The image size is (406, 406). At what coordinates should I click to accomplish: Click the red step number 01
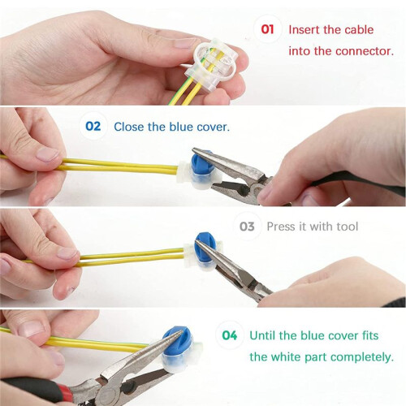[267, 29]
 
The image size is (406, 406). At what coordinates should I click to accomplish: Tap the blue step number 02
[93, 127]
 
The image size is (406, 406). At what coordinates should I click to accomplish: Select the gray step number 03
[247, 227]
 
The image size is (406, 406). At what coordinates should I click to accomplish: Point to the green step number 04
[230, 335]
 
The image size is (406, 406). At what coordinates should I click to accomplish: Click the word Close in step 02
[129, 127]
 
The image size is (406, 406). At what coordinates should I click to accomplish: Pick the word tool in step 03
[348, 227]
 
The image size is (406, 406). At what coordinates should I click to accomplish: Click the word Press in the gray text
[281, 227]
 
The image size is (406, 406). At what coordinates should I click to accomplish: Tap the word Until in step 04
[262, 335]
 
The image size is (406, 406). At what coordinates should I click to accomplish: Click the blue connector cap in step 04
[177, 342]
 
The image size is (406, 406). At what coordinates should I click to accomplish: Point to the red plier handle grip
[64, 391]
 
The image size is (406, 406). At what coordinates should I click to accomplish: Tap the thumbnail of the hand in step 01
[184, 43]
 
